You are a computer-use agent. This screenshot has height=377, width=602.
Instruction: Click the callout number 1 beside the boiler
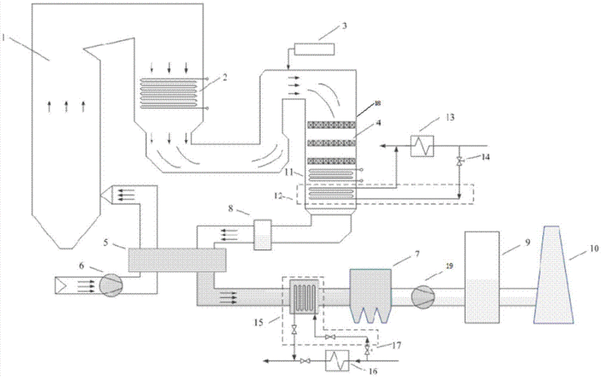pos(4,38)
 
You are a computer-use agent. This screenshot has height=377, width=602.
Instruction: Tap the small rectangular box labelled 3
pos(314,50)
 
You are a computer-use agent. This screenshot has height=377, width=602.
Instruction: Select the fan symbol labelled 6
pos(111,286)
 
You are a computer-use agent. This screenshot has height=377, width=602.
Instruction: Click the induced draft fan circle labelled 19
pos(423,296)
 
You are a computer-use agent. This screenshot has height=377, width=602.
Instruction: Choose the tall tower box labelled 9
pos(482,277)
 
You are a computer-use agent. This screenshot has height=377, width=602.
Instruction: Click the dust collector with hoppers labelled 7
pos(371,295)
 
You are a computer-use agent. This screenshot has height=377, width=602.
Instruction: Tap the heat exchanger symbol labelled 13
pos(423,146)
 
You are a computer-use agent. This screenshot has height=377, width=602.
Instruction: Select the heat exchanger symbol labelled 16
pos(337,360)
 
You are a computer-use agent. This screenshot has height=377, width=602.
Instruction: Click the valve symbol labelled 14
pos(459,162)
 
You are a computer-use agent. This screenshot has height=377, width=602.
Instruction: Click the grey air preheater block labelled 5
pos(177,260)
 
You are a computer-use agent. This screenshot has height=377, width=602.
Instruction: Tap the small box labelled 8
pos(263,234)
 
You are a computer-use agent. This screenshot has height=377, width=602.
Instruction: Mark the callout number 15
pos(258,322)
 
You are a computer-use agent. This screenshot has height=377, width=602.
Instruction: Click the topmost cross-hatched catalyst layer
pos(332,125)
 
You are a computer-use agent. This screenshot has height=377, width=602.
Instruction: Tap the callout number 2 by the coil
pos(225,77)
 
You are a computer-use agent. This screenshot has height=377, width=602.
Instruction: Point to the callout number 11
pos(289,172)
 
